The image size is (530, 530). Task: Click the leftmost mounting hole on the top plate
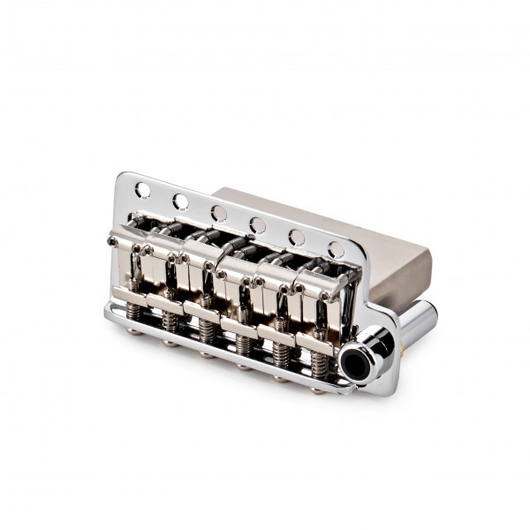pos(141,188)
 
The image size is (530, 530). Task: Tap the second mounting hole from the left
pos(180,201)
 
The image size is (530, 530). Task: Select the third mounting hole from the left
pos(219,214)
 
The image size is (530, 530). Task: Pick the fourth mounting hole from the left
pos(258,226)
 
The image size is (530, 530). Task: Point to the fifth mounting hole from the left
pos(298,238)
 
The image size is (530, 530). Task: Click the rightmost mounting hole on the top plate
pos(336,250)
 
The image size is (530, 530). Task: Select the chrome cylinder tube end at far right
pos(422,316)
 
